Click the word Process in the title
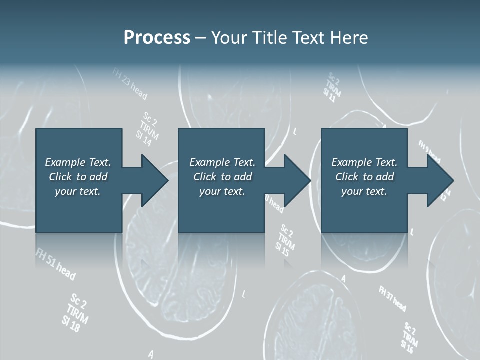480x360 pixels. pos(157,38)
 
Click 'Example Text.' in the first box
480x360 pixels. pos(78,162)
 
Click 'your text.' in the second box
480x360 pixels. pos(222,191)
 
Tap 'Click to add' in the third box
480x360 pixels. pos(364,177)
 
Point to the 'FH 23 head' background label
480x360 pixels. pos(130,85)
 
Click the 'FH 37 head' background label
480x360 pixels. pos(392,299)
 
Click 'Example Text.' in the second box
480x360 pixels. pos(222,162)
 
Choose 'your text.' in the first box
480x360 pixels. pos(78,191)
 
